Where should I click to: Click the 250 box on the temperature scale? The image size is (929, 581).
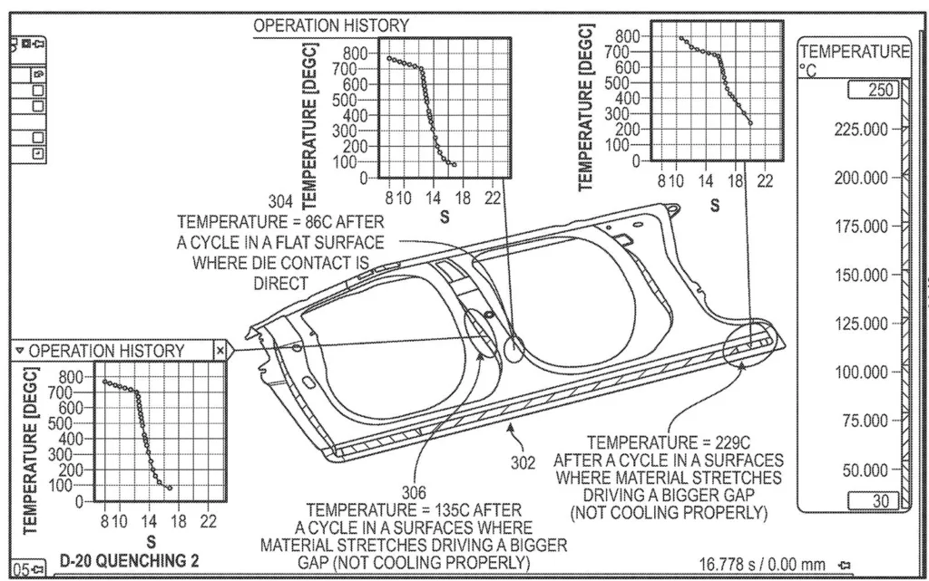coord(874,90)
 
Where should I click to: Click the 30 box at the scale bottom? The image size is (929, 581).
coord(874,501)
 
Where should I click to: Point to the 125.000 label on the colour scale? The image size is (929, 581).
coord(862,324)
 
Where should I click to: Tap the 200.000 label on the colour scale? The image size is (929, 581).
coord(862,178)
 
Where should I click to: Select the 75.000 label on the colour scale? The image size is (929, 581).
coord(865,421)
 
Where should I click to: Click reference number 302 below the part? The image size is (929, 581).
coord(523,462)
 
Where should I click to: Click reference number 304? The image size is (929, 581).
coord(280,202)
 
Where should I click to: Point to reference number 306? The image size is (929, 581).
coord(414,492)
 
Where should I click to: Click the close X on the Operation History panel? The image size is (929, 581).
coord(220,350)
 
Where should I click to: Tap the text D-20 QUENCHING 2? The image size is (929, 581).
coord(129,561)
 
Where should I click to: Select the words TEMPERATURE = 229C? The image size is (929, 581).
coord(669,442)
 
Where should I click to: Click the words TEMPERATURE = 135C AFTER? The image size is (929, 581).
coord(414,510)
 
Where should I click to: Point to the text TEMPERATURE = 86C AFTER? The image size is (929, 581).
coord(280,222)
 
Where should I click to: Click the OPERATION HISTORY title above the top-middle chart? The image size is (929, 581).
coord(331,25)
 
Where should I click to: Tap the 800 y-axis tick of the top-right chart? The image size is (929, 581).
coord(628,36)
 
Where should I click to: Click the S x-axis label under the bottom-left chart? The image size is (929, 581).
coord(152,541)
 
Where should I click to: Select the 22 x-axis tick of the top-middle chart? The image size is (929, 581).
coord(493,198)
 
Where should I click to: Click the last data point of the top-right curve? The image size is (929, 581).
coord(750,123)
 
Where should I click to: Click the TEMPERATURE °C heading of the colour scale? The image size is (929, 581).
coord(855,61)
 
